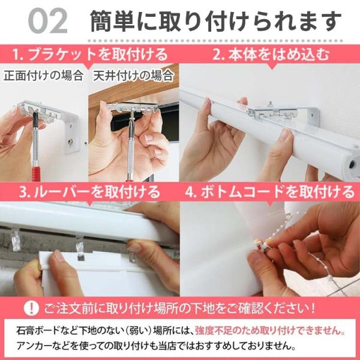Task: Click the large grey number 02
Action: click(x=48, y=22)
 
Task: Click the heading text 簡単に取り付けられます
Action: click(x=215, y=22)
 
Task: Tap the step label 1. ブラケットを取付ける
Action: click(x=90, y=55)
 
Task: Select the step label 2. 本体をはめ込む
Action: click(x=271, y=55)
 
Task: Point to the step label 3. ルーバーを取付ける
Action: click(x=89, y=192)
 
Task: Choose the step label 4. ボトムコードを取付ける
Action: click(x=270, y=192)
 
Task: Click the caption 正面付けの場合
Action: click(x=43, y=76)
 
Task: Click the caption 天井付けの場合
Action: click(x=133, y=76)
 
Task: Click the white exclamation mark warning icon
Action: click(x=31, y=308)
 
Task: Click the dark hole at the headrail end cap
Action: click(x=352, y=164)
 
